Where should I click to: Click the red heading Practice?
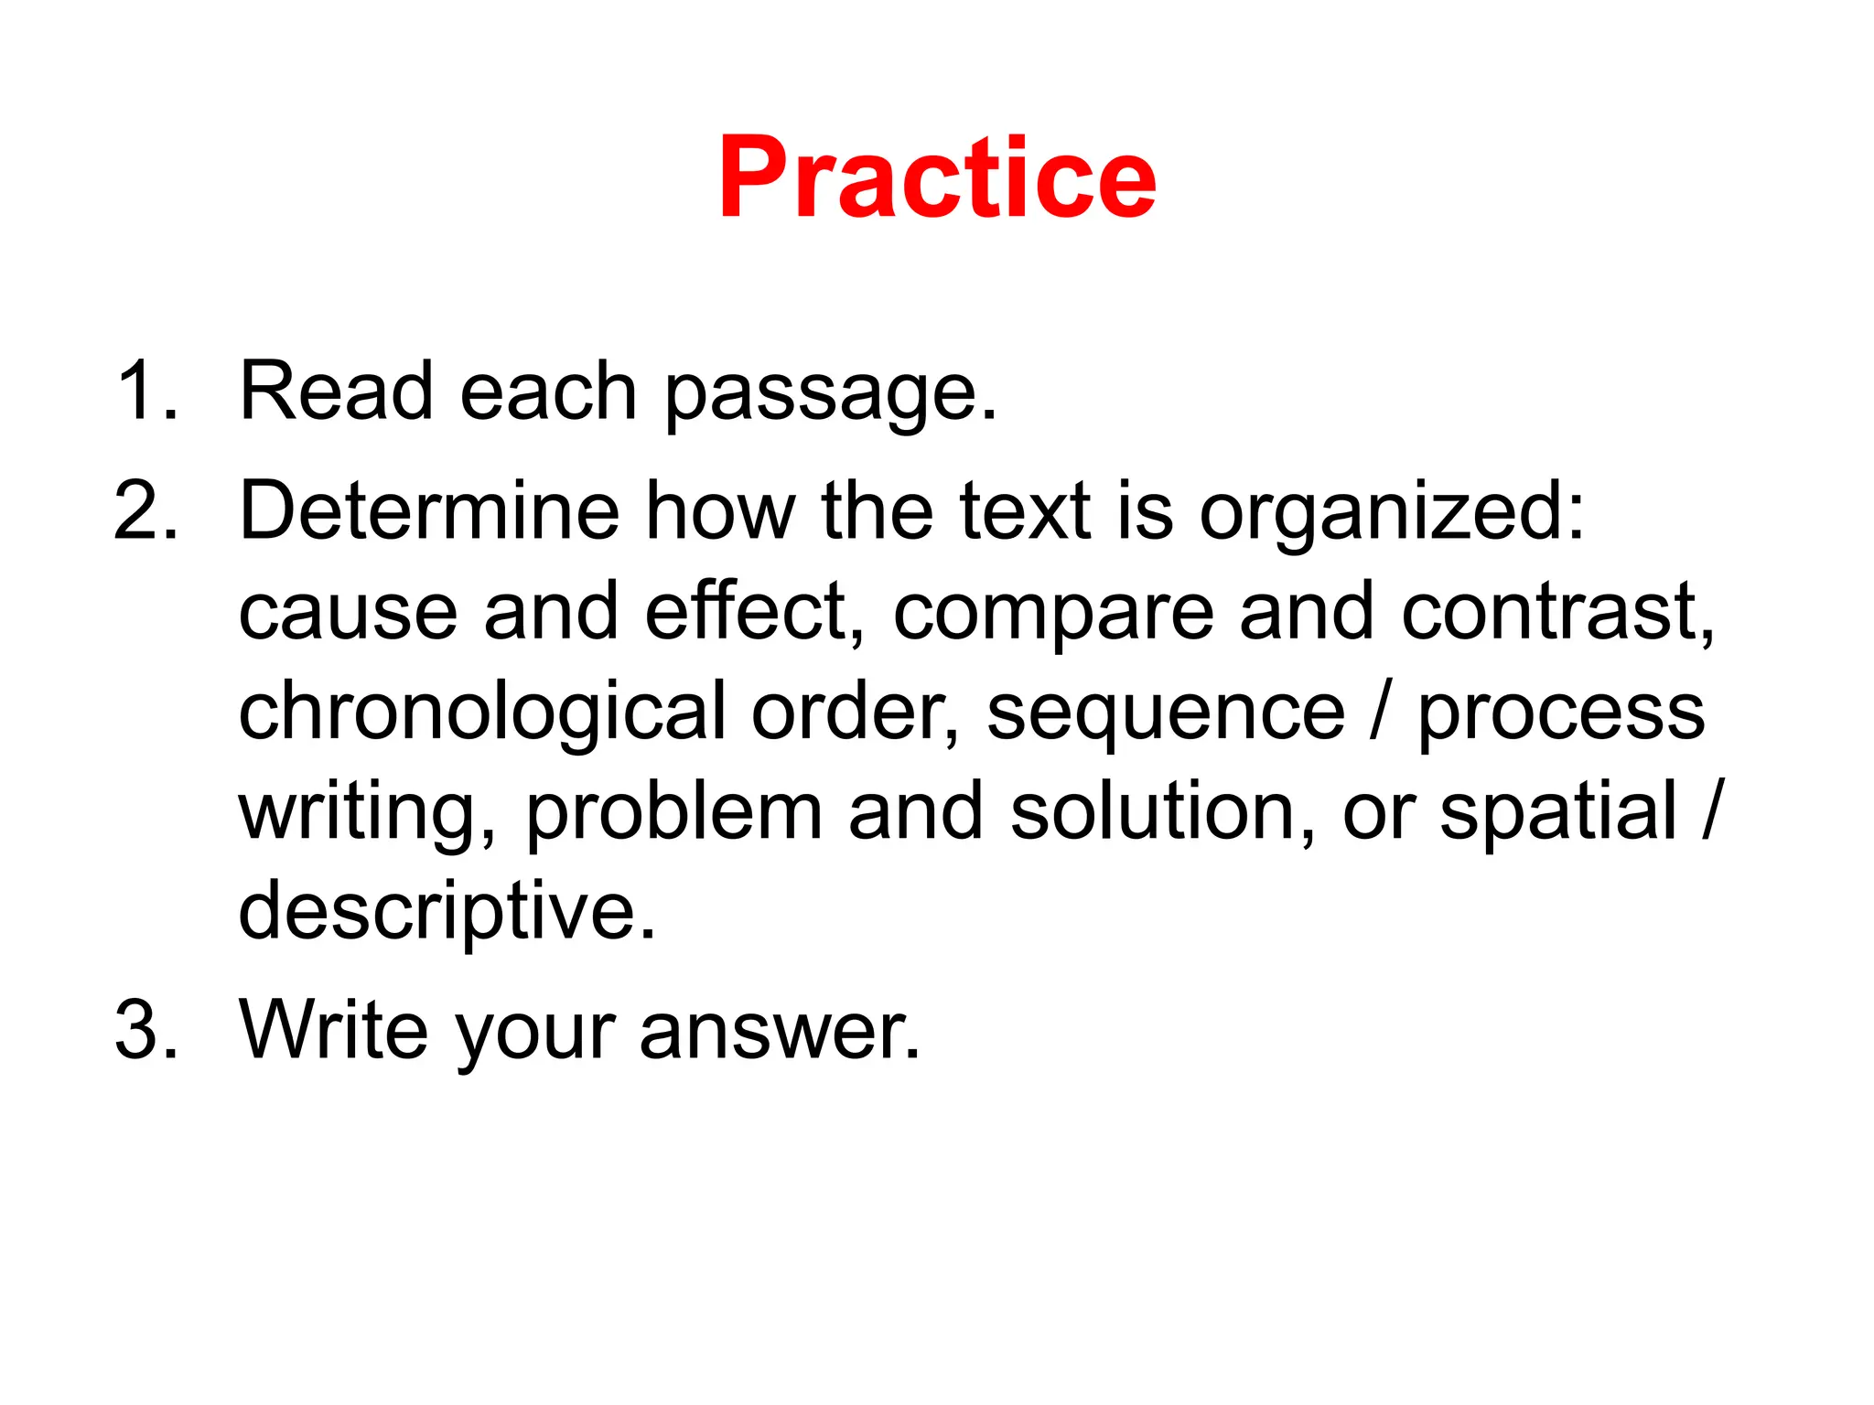(937, 178)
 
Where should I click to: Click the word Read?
(336, 391)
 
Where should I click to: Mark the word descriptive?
(446, 913)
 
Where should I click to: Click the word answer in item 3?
(778, 1032)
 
